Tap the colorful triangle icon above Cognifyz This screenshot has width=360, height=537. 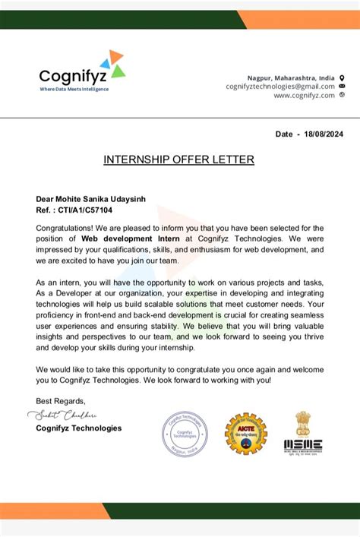point(115,64)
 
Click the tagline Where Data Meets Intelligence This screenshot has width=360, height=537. point(74,90)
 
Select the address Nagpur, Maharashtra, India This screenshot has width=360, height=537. point(290,77)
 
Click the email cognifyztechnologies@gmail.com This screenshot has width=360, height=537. point(280,87)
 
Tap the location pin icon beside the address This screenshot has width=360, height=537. point(342,77)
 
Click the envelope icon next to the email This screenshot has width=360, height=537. point(342,87)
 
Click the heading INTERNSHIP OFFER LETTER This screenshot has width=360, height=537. point(179,160)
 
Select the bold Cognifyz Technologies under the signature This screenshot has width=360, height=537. point(78,428)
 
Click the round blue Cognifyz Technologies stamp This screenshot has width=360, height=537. point(184,434)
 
